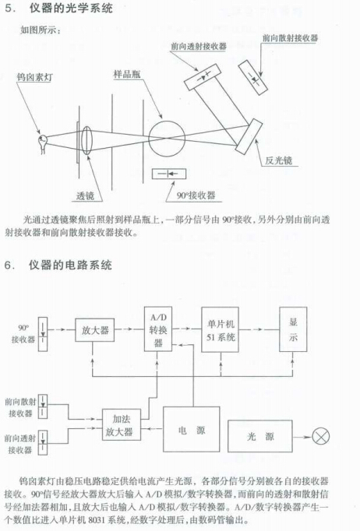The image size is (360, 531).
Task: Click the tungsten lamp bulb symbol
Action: pyautogui.click(x=42, y=142)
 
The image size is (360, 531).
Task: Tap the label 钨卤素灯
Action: pyautogui.click(x=35, y=77)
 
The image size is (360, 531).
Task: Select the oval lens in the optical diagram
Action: pyautogui.click(x=87, y=140)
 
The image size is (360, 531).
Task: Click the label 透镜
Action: pyautogui.click(x=85, y=195)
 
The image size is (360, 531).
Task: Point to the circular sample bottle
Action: pyautogui.click(x=167, y=139)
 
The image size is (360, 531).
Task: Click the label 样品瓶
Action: pyautogui.click(x=127, y=74)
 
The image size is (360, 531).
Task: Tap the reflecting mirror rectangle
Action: pyautogui.click(x=249, y=136)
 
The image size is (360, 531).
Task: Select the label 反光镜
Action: pyautogui.click(x=278, y=160)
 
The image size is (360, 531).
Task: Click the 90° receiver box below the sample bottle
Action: pyautogui.click(x=169, y=174)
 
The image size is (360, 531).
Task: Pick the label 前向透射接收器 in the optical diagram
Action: pyautogui.click(x=199, y=46)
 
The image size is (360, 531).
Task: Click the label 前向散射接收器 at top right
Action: pyautogui.click(x=290, y=37)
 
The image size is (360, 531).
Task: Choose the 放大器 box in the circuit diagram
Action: pyautogui.click(x=94, y=330)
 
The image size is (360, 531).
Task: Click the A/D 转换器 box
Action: pyautogui.click(x=158, y=329)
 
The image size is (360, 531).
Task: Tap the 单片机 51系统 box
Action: pyautogui.click(x=221, y=329)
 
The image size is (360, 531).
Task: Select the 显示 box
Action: pyautogui.click(x=293, y=329)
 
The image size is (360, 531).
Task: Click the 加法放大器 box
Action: pyautogui.click(x=122, y=424)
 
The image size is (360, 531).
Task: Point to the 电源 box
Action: pyautogui.click(x=191, y=430)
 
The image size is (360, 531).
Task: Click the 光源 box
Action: pyautogui.click(x=260, y=436)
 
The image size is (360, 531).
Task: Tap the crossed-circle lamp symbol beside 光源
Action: pyautogui.click(x=320, y=436)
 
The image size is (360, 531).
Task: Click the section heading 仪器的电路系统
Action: pyautogui.click(x=70, y=265)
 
